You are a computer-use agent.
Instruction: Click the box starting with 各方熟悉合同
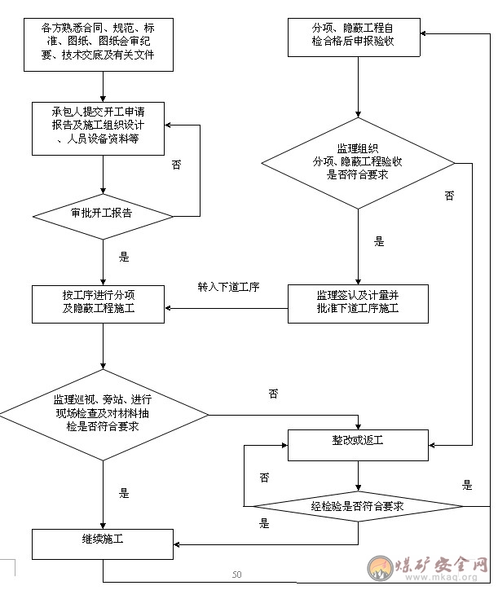[99, 45]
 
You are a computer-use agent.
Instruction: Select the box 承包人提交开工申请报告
[99, 129]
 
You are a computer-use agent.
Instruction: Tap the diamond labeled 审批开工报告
[103, 216]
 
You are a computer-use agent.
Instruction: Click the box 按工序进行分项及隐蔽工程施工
[99, 304]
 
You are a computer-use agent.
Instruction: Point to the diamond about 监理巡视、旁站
[104, 415]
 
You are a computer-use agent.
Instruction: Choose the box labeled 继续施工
[103, 544]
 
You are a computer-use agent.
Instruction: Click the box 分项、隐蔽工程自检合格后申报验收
[354, 37]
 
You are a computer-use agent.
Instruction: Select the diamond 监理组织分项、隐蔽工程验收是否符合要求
[358, 163]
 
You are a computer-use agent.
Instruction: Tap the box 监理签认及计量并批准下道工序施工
[358, 304]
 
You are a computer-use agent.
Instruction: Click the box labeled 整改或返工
[358, 445]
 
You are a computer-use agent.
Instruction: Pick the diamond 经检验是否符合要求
[358, 506]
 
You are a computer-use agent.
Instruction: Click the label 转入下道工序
[228, 287]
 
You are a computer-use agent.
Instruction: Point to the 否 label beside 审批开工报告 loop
[177, 165]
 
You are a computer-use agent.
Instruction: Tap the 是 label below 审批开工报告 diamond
[124, 257]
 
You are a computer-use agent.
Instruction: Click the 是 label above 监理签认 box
[379, 241]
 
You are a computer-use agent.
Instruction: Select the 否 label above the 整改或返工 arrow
[273, 394]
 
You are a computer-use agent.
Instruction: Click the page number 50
[236, 575]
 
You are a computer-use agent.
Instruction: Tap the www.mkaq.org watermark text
[441, 577]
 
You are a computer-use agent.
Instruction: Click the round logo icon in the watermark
[380, 568]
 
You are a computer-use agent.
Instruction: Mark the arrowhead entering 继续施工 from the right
[176, 544]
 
